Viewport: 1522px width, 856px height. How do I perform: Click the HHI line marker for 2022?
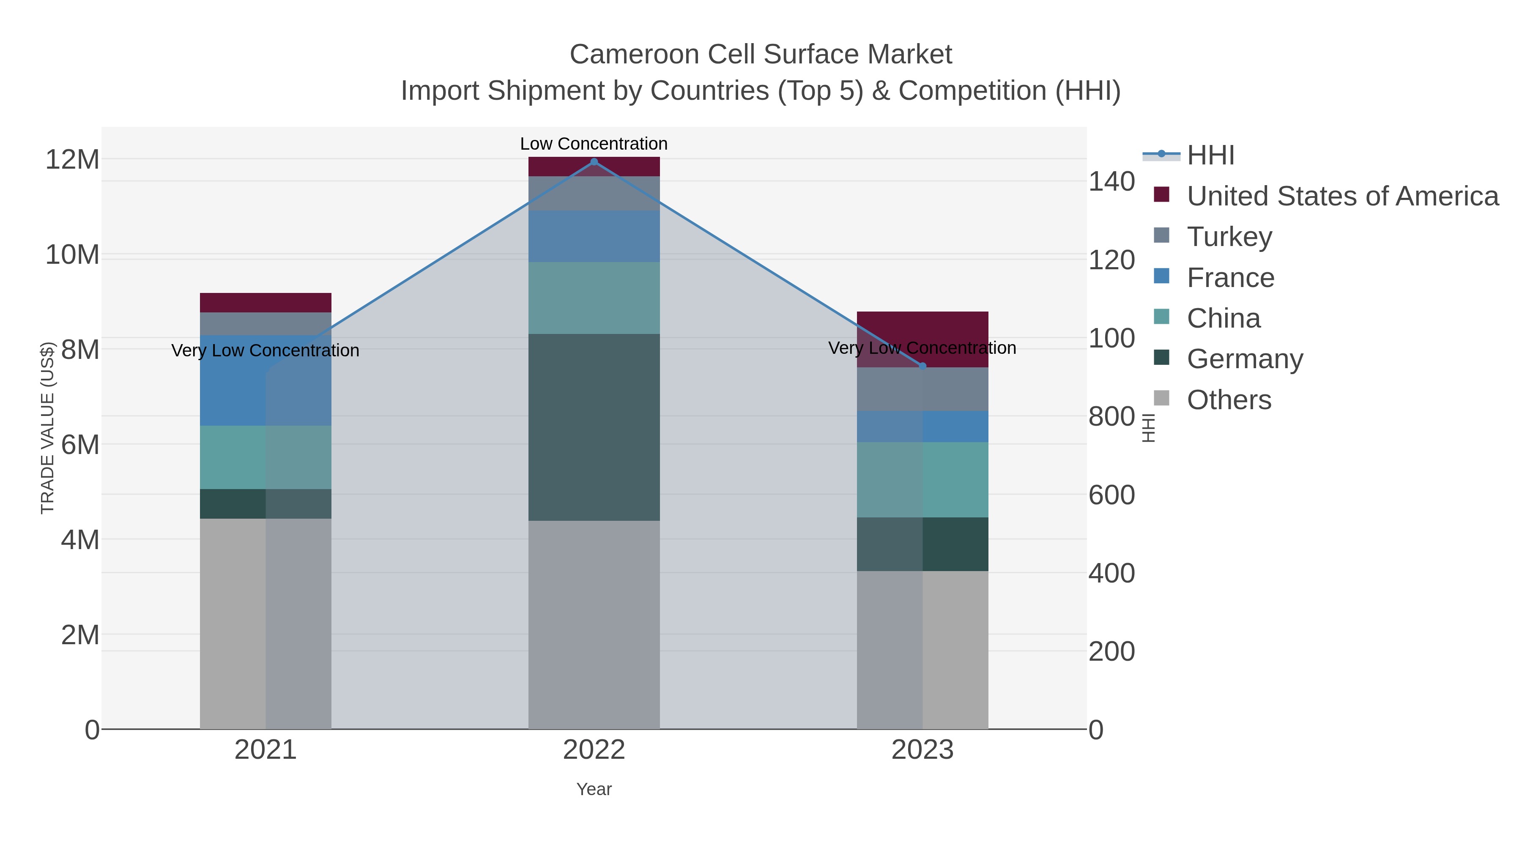pos(594,162)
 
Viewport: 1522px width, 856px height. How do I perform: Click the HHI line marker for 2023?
pos(923,366)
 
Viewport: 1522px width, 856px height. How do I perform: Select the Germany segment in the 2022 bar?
pos(594,427)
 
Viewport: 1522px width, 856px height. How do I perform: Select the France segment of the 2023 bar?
pos(923,427)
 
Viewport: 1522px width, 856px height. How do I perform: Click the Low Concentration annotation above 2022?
pos(594,144)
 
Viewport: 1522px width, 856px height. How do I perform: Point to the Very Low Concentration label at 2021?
pos(265,350)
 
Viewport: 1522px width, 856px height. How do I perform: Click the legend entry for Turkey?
pos(1229,237)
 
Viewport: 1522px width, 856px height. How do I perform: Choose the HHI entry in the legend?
pos(1210,156)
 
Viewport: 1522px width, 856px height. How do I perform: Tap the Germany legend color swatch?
pos(1161,357)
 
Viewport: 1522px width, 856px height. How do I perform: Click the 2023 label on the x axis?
pos(923,750)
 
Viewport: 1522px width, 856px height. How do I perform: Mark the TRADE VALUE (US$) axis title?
pos(47,428)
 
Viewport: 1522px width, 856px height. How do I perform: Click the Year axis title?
pos(594,789)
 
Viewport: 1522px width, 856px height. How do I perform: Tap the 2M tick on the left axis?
pos(80,635)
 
